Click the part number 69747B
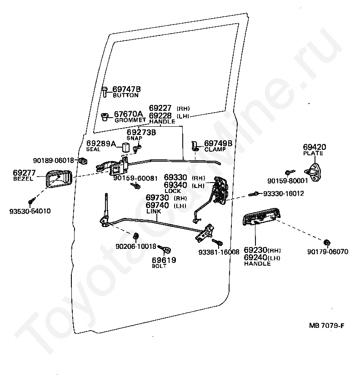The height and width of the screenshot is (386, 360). tap(126, 89)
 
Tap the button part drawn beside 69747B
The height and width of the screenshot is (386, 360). tap(105, 92)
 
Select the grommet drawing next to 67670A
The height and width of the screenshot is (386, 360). tap(105, 117)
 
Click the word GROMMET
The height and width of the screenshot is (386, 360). tap(130, 120)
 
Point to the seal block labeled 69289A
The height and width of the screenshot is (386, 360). tap(126, 147)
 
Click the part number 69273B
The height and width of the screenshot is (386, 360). tap(141, 133)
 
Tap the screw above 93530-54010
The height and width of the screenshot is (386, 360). tap(31, 201)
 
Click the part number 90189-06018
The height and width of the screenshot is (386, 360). tap(54, 160)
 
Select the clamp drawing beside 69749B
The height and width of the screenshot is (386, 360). tap(195, 146)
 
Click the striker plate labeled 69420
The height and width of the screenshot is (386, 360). tap(313, 172)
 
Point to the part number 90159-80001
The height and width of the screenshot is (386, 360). tap(288, 181)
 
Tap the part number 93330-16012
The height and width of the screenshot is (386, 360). tap(283, 193)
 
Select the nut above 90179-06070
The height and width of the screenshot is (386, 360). tap(327, 242)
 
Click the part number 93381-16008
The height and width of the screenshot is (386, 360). tap(219, 252)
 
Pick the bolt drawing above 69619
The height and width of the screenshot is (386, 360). tap(165, 249)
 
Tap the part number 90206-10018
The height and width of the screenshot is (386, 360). tap(136, 246)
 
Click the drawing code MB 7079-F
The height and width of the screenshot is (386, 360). tap(326, 326)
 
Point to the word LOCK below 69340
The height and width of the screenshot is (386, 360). tap(173, 191)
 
